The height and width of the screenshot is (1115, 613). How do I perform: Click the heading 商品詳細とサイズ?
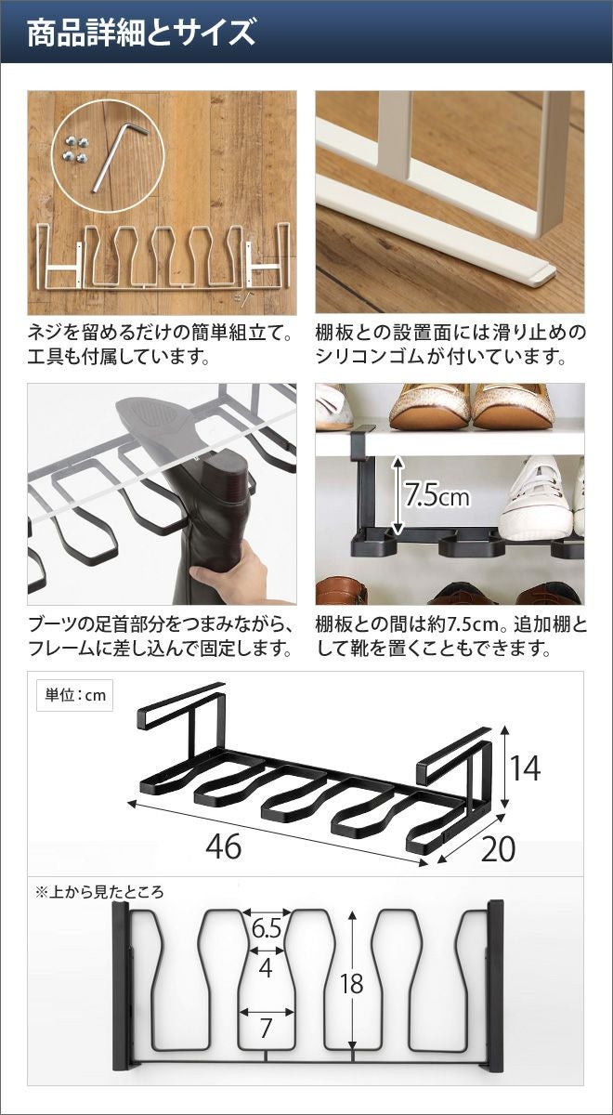click(x=141, y=33)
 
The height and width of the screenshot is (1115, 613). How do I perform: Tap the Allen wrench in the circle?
click(x=120, y=157)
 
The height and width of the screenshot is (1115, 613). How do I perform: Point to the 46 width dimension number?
click(x=224, y=846)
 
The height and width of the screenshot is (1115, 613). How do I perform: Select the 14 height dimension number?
click(x=526, y=768)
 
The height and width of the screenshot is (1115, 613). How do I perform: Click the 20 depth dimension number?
click(x=498, y=848)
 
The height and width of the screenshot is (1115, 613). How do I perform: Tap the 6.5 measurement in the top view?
click(x=267, y=928)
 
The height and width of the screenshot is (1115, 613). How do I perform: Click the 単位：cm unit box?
click(x=75, y=695)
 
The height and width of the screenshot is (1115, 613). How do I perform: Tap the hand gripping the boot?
click(x=234, y=574)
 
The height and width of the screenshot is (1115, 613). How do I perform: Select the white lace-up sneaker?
click(x=537, y=498)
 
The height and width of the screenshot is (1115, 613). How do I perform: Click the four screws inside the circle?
click(x=74, y=150)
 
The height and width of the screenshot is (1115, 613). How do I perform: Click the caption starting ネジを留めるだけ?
click(x=159, y=345)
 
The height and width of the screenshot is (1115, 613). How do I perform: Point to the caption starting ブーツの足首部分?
click(x=159, y=636)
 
